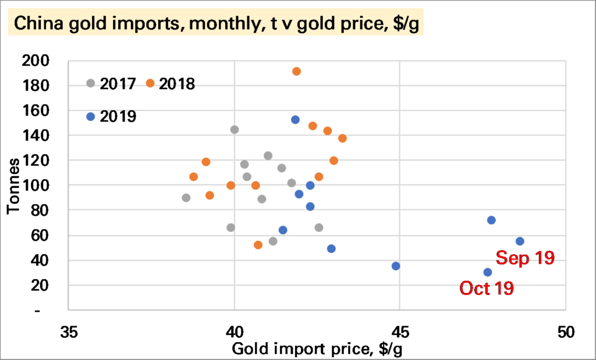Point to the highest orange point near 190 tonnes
(296, 72)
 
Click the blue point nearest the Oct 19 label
(487, 272)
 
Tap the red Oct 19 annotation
(487, 288)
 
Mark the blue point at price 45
(396, 266)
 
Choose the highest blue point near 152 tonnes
(295, 120)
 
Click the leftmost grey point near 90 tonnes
(186, 198)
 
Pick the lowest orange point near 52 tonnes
(258, 245)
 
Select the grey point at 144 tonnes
(235, 130)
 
